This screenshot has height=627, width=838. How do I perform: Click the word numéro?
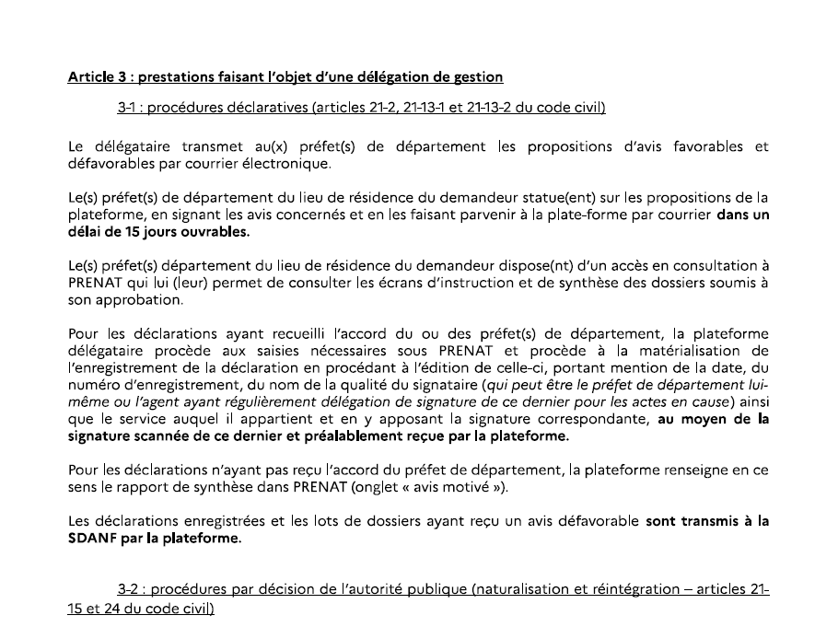tap(95, 387)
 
